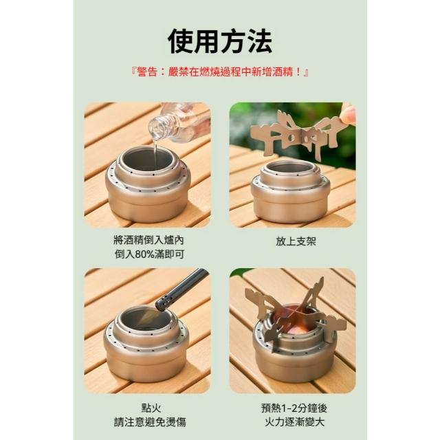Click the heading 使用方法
[220, 41]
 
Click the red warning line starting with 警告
[220, 72]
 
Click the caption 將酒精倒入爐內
[148, 240]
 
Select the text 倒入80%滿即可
[149, 254]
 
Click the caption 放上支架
[296, 241]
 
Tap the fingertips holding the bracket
[349, 113]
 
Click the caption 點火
[151, 408]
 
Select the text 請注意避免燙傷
[150, 422]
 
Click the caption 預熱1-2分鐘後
[294, 408]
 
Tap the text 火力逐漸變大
[294, 422]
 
